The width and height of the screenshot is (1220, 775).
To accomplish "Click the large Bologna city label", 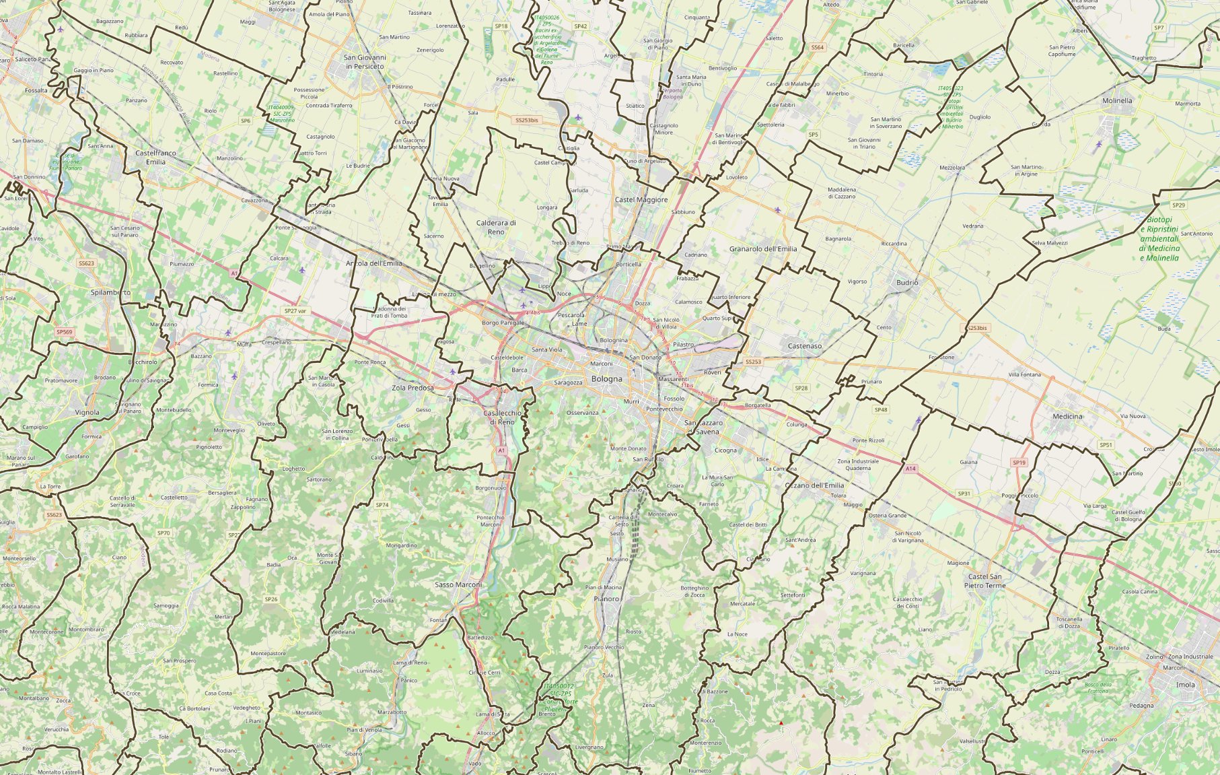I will coord(606,379).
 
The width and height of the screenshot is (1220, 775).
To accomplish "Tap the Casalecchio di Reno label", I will coord(501,417).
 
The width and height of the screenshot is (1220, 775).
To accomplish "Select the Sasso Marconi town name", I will coord(458,584).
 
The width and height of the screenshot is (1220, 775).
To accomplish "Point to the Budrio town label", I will coord(907,283).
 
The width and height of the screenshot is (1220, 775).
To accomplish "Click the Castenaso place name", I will coord(804,346).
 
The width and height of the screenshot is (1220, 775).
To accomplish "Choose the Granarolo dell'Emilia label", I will coord(762,249).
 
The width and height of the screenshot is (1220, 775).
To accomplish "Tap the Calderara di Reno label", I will coord(495,227).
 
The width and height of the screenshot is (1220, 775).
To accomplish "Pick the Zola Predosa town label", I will coord(412,388).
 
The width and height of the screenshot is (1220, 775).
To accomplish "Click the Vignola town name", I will coord(87,413).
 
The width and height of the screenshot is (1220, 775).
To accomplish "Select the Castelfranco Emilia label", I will coord(155,157).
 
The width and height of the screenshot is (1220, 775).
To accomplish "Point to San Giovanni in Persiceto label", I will coord(364,62).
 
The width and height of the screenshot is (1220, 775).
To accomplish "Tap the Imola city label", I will coord(1185,685).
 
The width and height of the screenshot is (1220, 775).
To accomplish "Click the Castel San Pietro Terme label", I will coord(984,581).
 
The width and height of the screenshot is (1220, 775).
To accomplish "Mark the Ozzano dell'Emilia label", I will coord(814,485).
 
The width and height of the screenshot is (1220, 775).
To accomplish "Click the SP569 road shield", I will coord(64,332).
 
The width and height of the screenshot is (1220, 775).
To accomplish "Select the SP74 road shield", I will coord(382,504).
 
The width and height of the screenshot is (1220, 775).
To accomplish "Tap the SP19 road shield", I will coord(1019,463).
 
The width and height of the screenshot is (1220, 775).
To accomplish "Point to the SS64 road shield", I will coord(817,47).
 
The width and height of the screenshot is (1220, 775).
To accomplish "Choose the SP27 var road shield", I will coord(295,311).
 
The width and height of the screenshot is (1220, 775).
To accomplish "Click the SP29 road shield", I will coord(1178,205).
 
